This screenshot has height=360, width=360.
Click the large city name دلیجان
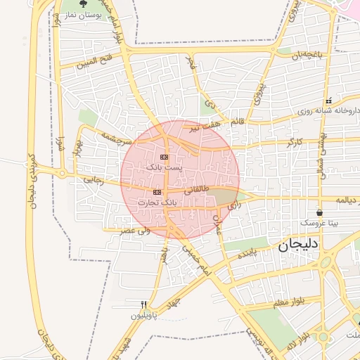(x=298, y=244)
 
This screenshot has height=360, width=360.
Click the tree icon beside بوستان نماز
(x=84, y=4)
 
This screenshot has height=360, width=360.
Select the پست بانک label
(x=164, y=167)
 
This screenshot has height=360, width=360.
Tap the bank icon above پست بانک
(x=165, y=157)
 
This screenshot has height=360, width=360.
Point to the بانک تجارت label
(x=158, y=202)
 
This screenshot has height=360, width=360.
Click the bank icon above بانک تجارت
(x=157, y=192)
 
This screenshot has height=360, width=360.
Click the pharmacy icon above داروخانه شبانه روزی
(x=328, y=101)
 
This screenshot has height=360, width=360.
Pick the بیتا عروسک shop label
(x=319, y=222)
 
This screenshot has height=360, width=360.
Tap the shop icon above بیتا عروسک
(x=320, y=212)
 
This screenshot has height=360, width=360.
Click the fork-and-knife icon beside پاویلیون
(x=144, y=304)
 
